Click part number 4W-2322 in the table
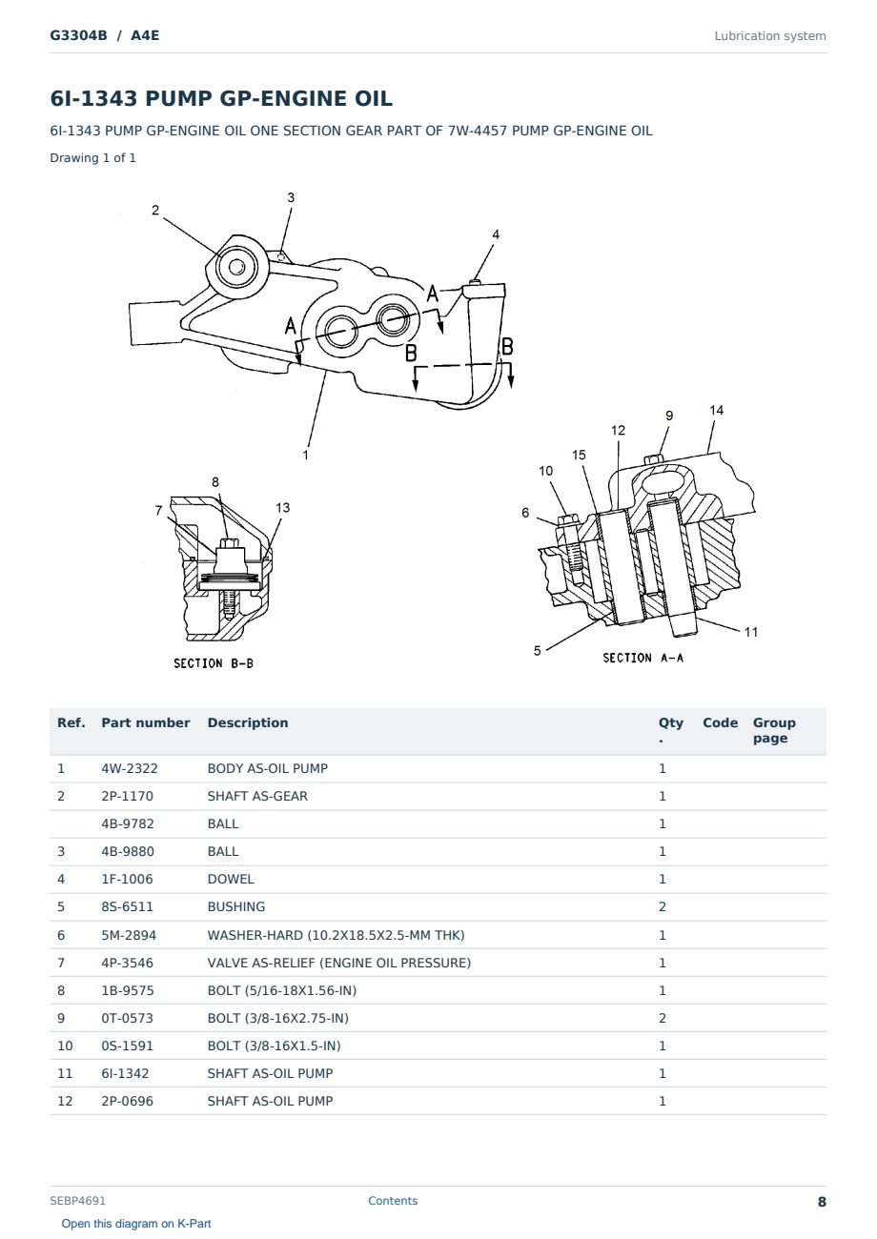tap(129, 768)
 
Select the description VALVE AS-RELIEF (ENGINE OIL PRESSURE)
tap(338, 963)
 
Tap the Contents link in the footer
tap(393, 1200)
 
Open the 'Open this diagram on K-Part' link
tap(136, 1224)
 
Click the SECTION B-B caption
tap(213, 663)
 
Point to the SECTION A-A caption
tap(642, 658)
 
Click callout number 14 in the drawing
tap(716, 410)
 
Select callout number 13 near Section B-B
tap(283, 507)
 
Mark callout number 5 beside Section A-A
tap(537, 650)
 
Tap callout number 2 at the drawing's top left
tap(155, 211)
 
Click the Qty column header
tap(670, 729)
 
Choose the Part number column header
tap(145, 722)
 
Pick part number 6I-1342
tap(125, 1073)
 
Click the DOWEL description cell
tap(230, 879)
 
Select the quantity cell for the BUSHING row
tap(663, 906)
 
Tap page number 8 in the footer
tap(822, 1202)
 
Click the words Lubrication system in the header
tap(769, 36)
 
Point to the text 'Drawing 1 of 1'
tap(92, 157)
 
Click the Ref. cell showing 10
tap(65, 1046)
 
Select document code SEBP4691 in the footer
tap(77, 1200)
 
